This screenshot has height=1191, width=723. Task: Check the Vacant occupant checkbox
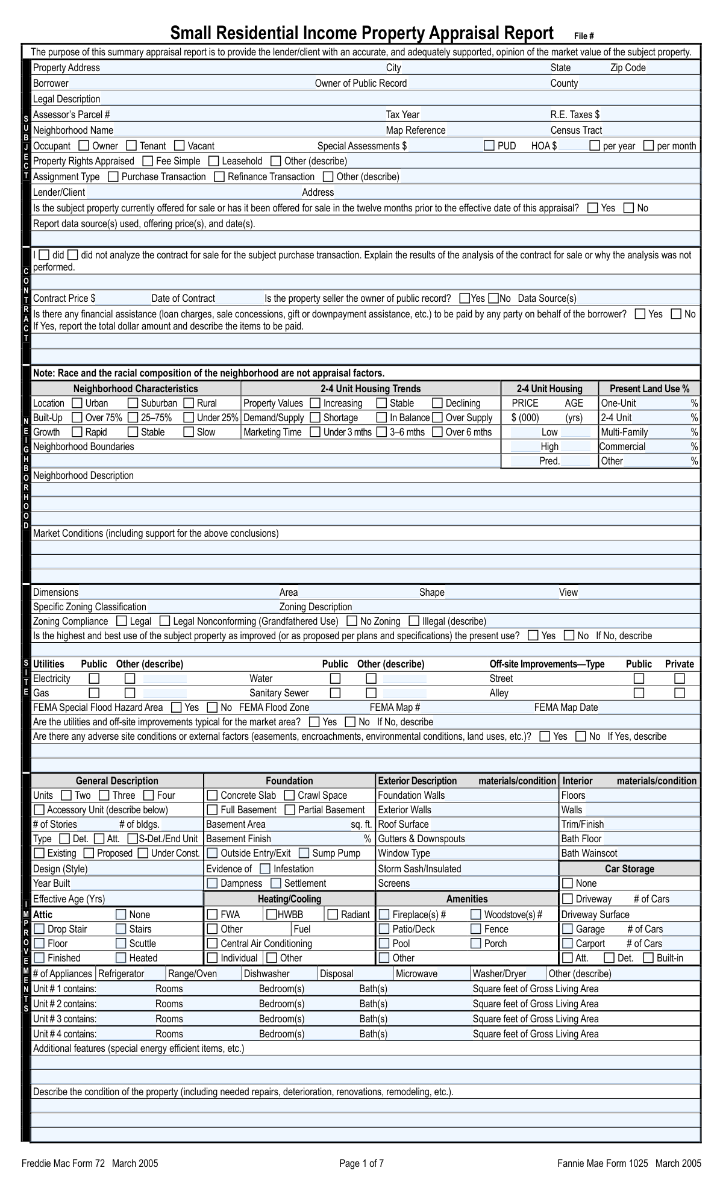[x=180, y=146]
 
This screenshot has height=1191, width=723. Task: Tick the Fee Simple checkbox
[x=148, y=161]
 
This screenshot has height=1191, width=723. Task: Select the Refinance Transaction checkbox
[x=220, y=177]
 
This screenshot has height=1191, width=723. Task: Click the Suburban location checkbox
[x=133, y=403]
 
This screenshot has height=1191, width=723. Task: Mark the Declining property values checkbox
[x=438, y=403]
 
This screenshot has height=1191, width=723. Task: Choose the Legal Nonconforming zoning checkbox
[x=163, y=621]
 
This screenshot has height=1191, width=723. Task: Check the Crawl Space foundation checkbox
[x=290, y=795]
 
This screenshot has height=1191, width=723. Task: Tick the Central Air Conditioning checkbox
[x=212, y=943]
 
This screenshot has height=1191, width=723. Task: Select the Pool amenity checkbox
[x=384, y=943]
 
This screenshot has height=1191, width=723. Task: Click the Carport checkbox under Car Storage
[x=568, y=943]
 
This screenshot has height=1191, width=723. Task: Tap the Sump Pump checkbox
[x=304, y=853]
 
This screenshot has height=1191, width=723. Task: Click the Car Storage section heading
[x=629, y=869]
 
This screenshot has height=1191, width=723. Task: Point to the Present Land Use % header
[x=649, y=389]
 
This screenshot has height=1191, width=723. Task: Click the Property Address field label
[x=66, y=68]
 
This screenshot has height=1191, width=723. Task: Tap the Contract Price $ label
[x=64, y=298]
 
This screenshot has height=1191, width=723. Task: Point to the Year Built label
[x=52, y=883]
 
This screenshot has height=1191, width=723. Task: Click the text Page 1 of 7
[x=361, y=1163]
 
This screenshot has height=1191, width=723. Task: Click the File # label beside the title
[x=584, y=36]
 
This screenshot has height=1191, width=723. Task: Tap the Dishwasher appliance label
[x=266, y=974]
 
